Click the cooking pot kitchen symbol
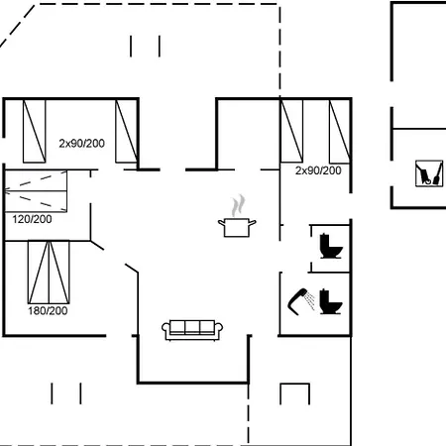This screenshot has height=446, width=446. (x=237, y=228)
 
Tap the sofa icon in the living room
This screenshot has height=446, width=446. (x=192, y=330)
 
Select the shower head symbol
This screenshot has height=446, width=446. (x=297, y=301)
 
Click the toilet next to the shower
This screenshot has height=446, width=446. (x=331, y=301)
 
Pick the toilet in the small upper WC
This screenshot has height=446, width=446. (x=331, y=246)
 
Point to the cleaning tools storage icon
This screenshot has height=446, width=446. (x=429, y=173)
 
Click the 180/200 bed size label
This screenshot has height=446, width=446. (x=48, y=311)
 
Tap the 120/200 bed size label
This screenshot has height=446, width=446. (x=32, y=219)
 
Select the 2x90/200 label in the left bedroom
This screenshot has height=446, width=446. (x=82, y=144)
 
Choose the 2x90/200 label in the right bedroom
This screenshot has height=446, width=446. (x=318, y=170)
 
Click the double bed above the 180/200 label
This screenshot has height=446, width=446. (x=49, y=273)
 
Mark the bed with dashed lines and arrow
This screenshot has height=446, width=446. (x=36, y=191)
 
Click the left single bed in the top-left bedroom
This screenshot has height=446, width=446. (x=35, y=131)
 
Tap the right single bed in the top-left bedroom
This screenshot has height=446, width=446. (x=127, y=131)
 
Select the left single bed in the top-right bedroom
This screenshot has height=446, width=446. (x=291, y=131)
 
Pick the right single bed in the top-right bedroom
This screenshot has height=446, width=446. (x=340, y=131)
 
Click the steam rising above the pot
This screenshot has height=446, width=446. (x=238, y=205)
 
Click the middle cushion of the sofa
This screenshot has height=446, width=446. (x=192, y=327)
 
